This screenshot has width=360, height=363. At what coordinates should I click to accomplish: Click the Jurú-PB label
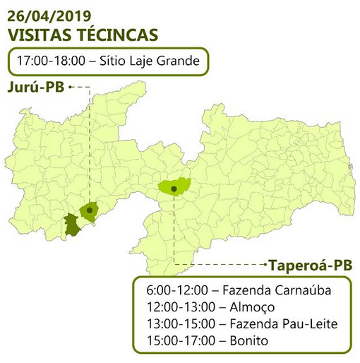pyautogui.click(x=36, y=87)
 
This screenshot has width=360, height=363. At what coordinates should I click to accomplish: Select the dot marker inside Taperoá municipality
pyautogui.click(x=174, y=188)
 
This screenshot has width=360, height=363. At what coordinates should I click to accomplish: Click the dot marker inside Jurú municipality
pyautogui.click(x=90, y=210)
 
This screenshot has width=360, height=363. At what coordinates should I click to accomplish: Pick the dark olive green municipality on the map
pyautogui.click(x=72, y=225)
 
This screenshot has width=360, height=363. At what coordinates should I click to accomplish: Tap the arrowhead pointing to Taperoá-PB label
pyautogui.click(x=264, y=265)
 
